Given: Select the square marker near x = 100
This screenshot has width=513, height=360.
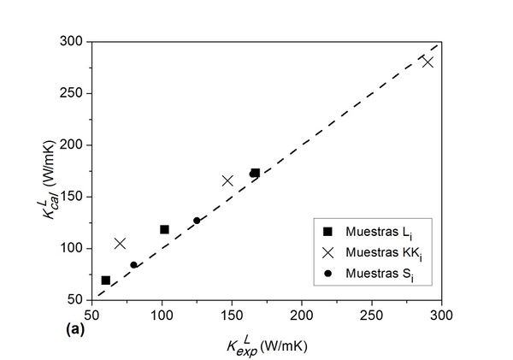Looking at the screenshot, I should coord(164,229).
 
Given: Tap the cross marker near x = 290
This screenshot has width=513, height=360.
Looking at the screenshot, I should coord(427,62).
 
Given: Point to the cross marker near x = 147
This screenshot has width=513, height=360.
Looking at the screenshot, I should coord(227,180).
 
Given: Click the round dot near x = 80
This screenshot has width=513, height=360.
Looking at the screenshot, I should coord(133,265).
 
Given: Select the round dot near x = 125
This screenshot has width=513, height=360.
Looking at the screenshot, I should coord(197,221).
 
